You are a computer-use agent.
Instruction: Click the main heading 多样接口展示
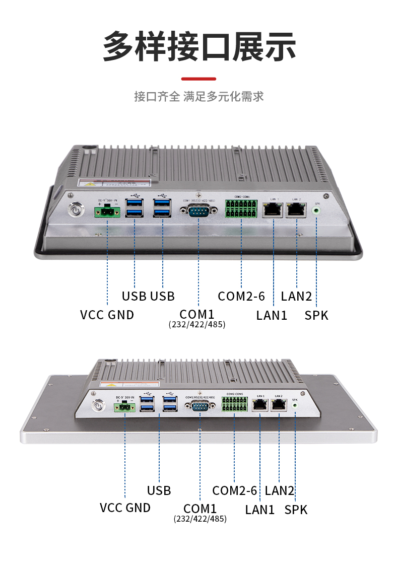click(x=199, y=46)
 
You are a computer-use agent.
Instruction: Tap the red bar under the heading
click(x=198, y=79)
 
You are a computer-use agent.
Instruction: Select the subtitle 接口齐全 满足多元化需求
click(x=198, y=96)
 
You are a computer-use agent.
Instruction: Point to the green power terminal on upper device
click(x=107, y=212)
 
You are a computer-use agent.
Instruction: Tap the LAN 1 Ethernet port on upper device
click(x=273, y=209)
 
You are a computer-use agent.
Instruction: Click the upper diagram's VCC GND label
click(x=107, y=315)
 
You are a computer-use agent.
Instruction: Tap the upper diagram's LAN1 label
click(x=272, y=316)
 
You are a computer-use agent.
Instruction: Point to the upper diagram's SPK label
click(x=316, y=316)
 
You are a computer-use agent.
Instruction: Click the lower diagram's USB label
click(x=159, y=490)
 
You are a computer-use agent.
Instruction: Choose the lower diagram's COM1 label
click(x=200, y=509)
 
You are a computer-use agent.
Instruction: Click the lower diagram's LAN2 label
click(x=279, y=490)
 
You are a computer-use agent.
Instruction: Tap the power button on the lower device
click(x=96, y=405)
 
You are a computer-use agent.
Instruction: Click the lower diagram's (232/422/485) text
click(x=200, y=519)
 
